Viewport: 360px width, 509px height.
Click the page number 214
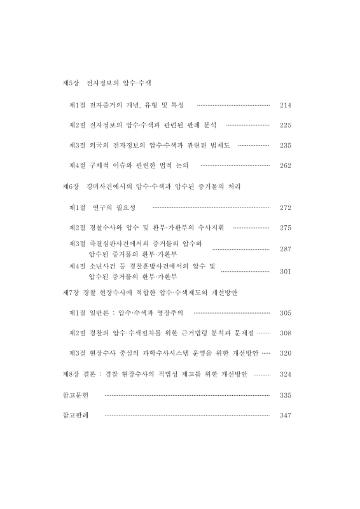coord(285,105)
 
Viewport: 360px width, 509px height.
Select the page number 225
coord(285,125)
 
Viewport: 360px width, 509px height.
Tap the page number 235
coord(285,146)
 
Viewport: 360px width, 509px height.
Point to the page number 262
coord(285,166)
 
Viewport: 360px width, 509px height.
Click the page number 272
coord(285,208)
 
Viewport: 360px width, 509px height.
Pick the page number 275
coord(285,228)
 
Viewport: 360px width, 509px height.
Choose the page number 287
coord(285,249)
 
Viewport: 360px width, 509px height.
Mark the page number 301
coord(285,272)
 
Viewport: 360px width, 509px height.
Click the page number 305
coord(285,313)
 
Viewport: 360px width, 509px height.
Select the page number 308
coord(285,333)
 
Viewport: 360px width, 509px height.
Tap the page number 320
coord(285,353)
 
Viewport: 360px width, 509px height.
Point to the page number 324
coord(285,374)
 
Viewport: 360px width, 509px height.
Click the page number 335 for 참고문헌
coord(285,395)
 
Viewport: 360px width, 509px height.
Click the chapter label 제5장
coord(70,83)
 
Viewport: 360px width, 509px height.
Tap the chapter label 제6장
coord(70,187)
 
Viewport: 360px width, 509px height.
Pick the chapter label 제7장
coord(70,292)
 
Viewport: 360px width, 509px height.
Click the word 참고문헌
coord(75,395)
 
